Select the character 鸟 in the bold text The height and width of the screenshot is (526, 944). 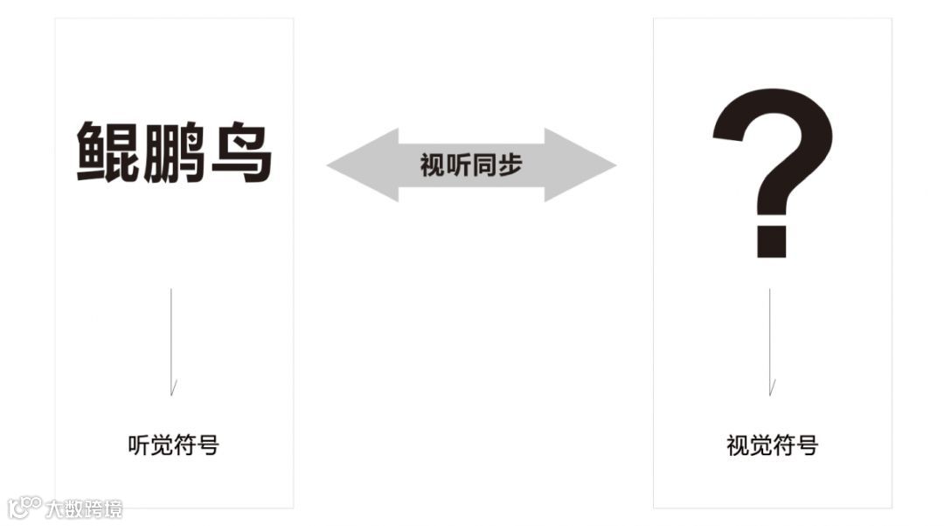pos(240,152)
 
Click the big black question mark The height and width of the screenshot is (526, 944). pos(772,158)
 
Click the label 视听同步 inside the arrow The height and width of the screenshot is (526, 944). pos(470,165)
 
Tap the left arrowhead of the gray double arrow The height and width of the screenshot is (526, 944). pos(358,165)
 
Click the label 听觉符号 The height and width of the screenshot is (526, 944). pos(173,445)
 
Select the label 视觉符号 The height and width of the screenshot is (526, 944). pos(772,445)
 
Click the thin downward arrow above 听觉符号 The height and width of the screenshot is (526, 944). pos(171,341)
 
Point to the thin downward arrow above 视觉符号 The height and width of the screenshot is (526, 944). pos(770,341)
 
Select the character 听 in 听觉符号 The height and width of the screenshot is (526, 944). pos(139,445)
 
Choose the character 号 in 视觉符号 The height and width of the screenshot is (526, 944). pos(806,445)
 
